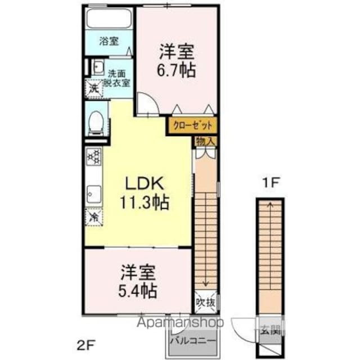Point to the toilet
coord(96,122)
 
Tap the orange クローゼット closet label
coord(191,125)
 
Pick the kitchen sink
coord(93,194)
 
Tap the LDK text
coord(143,184)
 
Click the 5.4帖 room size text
coord(138,291)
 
